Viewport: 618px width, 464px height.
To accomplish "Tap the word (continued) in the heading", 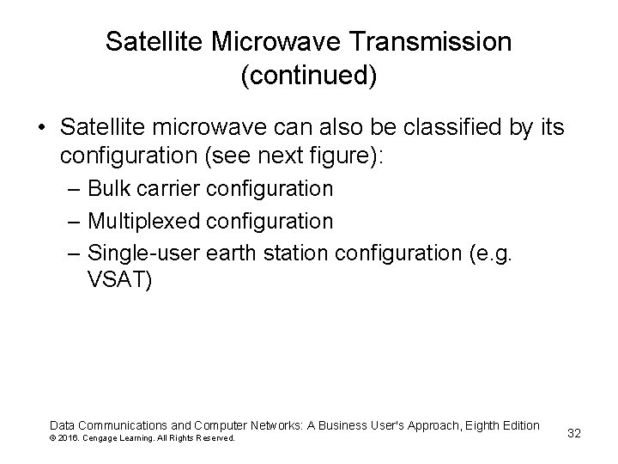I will click(309, 76).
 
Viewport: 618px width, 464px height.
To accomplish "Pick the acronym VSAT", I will click(119, 282).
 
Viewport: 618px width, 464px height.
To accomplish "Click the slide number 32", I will click(574, 433).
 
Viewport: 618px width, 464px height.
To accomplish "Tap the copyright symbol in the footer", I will click(53, 438).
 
